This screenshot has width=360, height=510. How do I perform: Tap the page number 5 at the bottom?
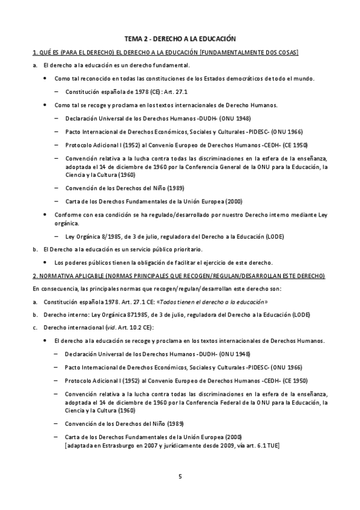(x=180, y=476)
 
